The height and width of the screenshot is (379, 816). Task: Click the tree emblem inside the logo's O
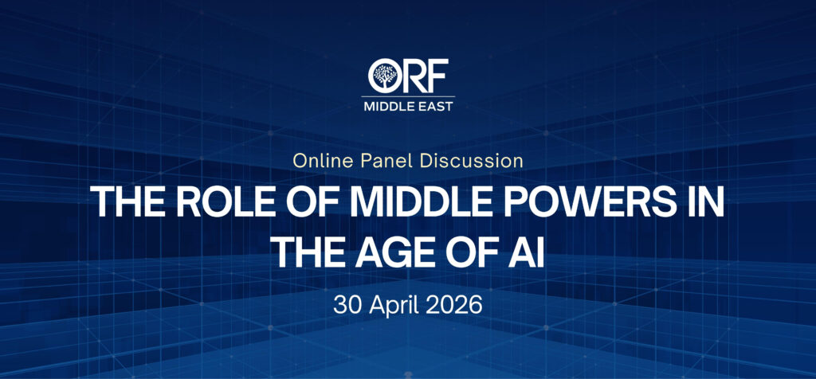[385, 76]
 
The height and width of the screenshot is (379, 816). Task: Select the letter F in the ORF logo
[437, 76]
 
